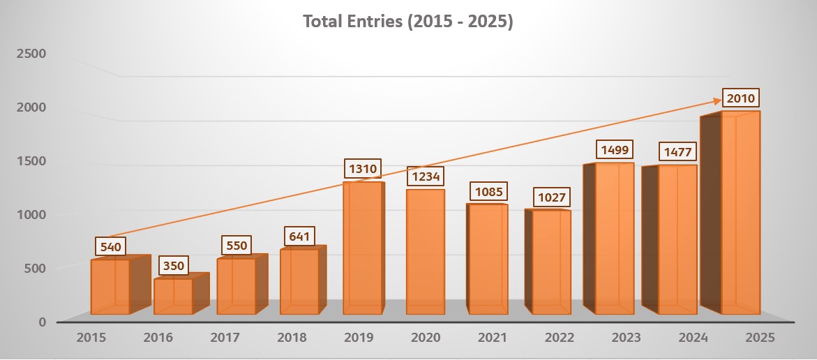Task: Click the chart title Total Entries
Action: pyautogui.click(x=408, y=22)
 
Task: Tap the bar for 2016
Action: pyautogui.click(x=173, y=297)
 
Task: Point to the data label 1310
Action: pyautogui.click(x=363, y=169)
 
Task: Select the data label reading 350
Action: pyautogui.click(x=174, y=266)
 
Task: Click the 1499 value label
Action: pyautogui.click(x=613, y=149)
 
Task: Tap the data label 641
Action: pyautogui.click(x=299, y=236)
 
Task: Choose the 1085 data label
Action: pyautogui.click(x=487, y=190)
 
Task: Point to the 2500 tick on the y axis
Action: pyautogui.click(x=32, y=54)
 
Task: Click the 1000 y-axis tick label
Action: pyautogui.click(x=32, y=214)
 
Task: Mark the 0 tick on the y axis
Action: pyautogui.click(x=42, y=322)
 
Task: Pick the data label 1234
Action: pyautogui.click(x=426, y=177)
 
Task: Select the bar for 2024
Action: pyautogui.click(x=677, y=241)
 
